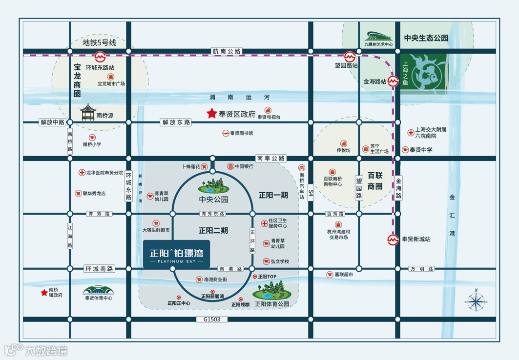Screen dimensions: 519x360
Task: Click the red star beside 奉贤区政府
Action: point(211,114)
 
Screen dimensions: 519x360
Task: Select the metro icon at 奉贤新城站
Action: point(393,240)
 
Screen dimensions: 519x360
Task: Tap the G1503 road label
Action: point(212,320)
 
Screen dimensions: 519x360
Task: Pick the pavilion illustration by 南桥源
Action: point(88,113)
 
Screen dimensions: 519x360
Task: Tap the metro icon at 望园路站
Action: point(350,56)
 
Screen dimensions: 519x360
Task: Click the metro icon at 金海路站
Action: point(394,81)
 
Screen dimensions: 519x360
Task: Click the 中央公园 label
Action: point(213,200)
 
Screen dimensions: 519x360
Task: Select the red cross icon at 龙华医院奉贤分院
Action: point(82,173)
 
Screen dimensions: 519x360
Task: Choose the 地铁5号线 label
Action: point(100,42)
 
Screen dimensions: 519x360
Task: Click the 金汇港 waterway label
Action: point(452,215)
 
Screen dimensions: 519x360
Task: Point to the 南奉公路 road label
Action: point(271,158)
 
